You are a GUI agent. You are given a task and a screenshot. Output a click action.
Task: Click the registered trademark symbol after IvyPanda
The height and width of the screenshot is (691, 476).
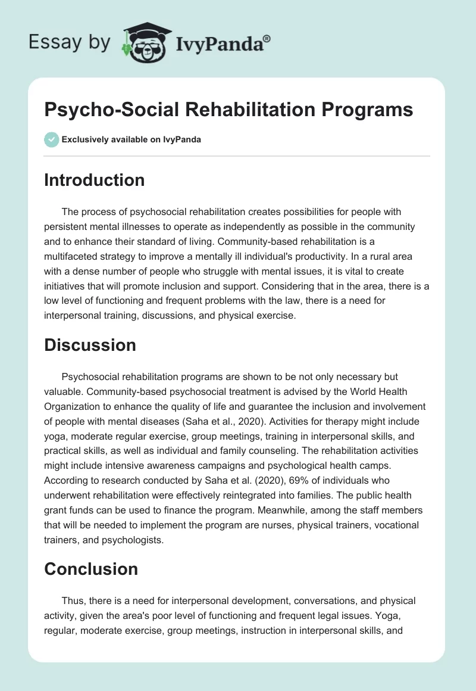[267, 39]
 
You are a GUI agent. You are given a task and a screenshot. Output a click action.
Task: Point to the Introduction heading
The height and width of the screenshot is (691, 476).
[94, 180]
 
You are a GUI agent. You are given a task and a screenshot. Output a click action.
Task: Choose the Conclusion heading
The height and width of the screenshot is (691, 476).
[90, 569]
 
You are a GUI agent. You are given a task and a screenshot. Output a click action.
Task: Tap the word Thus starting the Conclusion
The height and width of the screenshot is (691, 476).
[73, 600]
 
